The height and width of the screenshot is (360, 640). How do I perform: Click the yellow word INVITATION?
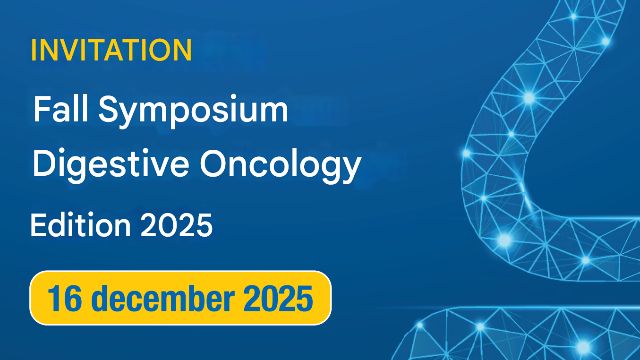coord(111,50)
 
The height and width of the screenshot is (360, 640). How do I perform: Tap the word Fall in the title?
coord(60,109)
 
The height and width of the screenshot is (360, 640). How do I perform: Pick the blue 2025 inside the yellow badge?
coord(279,298)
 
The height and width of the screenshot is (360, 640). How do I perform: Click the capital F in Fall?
coord(41,109)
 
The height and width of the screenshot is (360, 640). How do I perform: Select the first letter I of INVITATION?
coord(34,50)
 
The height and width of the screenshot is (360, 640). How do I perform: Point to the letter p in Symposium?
coord(175,113)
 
